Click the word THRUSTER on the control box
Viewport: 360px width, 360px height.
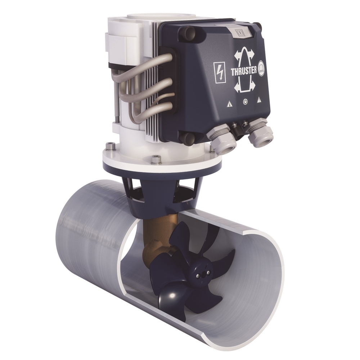pyautogui.click(x=243, y=71)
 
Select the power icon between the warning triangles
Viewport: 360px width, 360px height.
pyautogui.click(x=245, y=102)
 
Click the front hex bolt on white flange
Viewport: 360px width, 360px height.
pyautogui.click(x=156, y=158)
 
